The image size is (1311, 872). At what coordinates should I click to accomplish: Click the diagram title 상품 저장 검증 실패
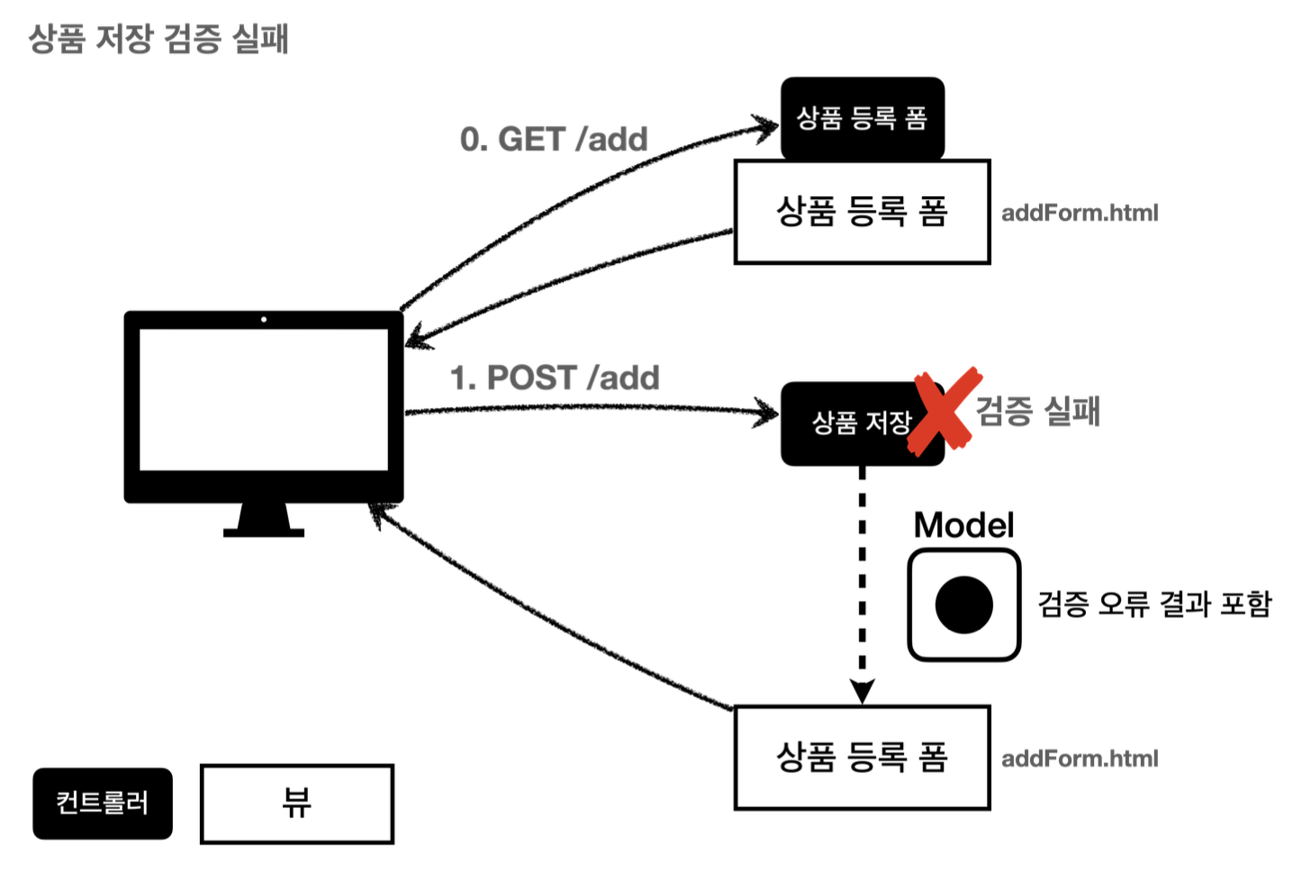(x=158, y=40)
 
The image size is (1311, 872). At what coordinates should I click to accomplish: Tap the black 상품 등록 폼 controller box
(x=862, y=118)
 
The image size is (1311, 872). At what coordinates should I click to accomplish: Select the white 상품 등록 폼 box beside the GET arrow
(x=862, y=212)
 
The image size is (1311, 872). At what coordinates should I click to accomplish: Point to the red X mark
(x=943, y=410)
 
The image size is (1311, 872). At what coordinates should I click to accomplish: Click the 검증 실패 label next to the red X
(x=1037, y=411)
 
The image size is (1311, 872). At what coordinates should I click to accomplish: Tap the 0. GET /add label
(x=554, y=140)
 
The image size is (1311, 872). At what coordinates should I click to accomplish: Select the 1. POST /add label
(x=555, y=378)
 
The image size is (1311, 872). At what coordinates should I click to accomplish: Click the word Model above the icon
(x=963, y=525)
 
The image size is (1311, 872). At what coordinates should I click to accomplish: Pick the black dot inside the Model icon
(x=963, y=604)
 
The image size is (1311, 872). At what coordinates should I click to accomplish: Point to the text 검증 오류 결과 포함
(x=1154, y=604)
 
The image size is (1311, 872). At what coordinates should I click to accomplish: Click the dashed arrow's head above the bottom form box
(x=862, y=692)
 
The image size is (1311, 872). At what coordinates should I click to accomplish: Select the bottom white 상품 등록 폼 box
(x=862, y=758)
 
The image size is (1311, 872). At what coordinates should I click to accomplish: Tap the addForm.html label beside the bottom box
(x=1080, y=758)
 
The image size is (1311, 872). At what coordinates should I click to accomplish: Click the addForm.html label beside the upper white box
(x=1080, y=213)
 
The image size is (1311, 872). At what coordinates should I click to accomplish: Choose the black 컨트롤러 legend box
(x=103, y=804)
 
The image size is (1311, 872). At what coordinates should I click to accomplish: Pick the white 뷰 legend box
(x=296, y=804)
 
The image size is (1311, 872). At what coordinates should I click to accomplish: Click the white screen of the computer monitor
(x=263, y=399)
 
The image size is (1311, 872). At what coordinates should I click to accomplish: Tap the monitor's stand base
(x=263, y=532)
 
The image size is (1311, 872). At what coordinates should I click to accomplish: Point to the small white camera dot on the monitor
(x=263, y=320)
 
